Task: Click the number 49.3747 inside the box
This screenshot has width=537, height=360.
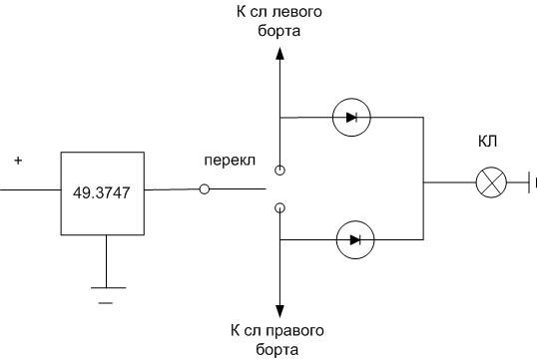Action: (x=102, y=193)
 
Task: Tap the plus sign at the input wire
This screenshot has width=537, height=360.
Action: (x=18, y=161)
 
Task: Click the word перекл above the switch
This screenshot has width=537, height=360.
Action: (x=230, y=161)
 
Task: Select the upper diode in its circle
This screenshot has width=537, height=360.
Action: (x=351, y=118)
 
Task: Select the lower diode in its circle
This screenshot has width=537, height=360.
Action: (x=355, y=239)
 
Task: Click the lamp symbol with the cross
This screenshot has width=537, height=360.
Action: (x=491, y=182)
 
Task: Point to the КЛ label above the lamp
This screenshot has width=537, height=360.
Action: (x=487, y=141)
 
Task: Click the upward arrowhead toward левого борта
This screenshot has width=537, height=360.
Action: (x=279, y=54)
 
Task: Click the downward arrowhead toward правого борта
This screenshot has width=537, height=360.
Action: (x=279, y=311)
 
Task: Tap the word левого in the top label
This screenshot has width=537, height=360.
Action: (x=296, y=12)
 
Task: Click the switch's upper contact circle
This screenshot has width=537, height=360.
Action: (x=279, y=171)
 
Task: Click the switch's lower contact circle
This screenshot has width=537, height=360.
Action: (x=279, y=207)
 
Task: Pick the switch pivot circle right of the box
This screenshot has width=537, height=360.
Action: (x=204, y=188)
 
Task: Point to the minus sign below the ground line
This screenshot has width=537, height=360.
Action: (x=106, y=303)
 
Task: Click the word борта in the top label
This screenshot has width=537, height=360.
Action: (x=279, y=31)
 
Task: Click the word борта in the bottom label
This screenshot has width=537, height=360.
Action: (x=276, y=350)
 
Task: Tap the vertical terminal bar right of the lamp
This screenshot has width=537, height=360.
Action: (x=529, y=182)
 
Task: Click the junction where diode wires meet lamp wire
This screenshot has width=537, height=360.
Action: (x=423, y=182)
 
